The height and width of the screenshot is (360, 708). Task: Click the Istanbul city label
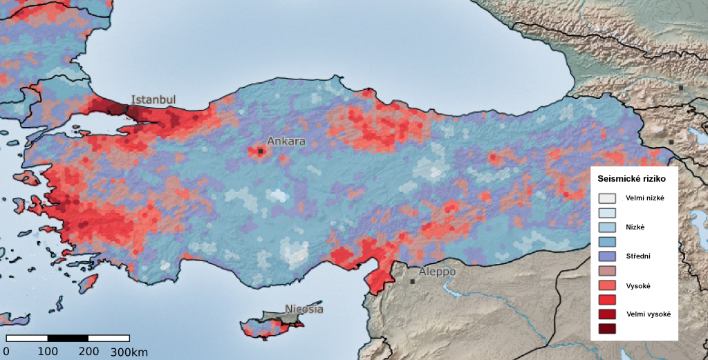tap(153, 100)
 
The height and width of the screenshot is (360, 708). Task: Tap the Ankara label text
tap(286, 142)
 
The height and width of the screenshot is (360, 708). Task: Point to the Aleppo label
tap(438, 272)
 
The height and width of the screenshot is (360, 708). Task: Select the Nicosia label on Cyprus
tap(304, 309)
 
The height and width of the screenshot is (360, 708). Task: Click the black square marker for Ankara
tap(261, 151)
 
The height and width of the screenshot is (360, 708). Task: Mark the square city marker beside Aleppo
tap(413, 281)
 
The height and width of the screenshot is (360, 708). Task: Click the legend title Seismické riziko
tap(632, 180)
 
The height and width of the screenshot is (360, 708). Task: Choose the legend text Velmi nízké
tap(645, 198)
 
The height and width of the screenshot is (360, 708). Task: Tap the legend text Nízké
tap(636, 227)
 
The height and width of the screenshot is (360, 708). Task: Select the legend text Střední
tap(638, 256)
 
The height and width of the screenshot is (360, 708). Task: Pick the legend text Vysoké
tap(638, 285)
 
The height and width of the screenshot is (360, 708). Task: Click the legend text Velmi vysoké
tap(648, 314)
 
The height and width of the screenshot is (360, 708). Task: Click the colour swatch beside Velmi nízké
tap(607, 198)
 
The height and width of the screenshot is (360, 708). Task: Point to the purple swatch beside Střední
tap(607, 256)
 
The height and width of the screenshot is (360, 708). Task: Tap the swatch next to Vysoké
tap(607, 285)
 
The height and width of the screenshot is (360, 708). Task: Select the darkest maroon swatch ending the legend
tap(607, 328)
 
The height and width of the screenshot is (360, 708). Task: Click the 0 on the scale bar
tap(7, 352)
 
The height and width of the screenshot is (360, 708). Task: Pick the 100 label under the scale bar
tap(48, 352)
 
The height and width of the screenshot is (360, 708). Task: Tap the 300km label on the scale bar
tap(129, 352)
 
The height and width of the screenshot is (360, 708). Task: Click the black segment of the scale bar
tap(68, 339)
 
